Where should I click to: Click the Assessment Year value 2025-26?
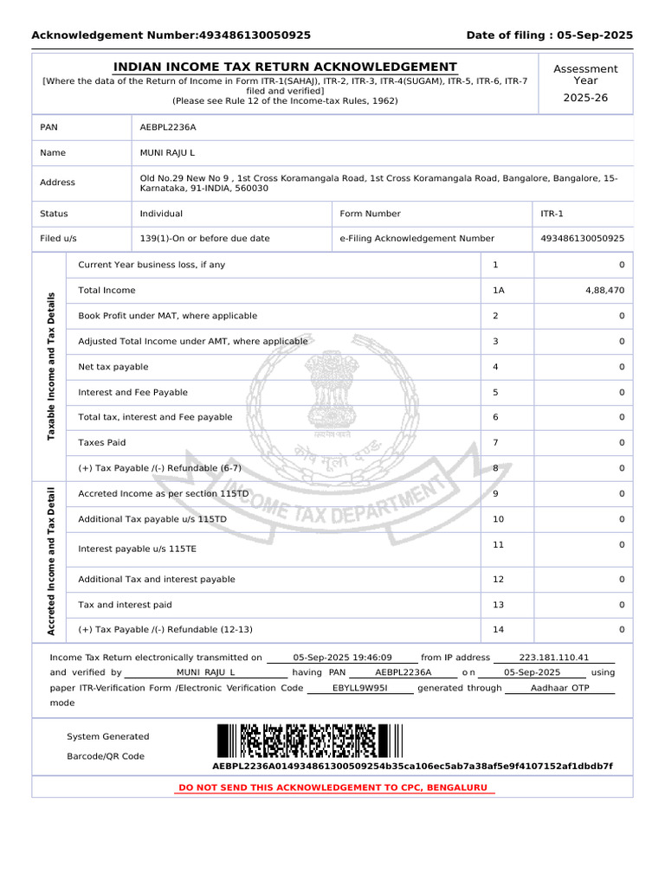tap(585, 98)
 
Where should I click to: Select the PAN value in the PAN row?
tap(168, 127)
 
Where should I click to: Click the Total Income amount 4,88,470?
tap(604, 291)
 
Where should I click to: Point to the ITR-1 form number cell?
tap(552, 214)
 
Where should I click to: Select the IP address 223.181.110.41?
tap(553, 658)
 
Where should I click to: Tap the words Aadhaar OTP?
tap(559, 688)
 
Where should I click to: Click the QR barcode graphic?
tap(309, 742)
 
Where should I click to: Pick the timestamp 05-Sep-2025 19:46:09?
tap(343, 658)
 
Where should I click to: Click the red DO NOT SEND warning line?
tap(333, 787)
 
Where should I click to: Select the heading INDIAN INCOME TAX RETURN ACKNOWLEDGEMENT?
tap(286, 67)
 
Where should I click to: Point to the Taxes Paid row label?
tap(102, 443)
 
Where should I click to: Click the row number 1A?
tap(498, 291)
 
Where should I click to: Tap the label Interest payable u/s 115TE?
tap(138, 549)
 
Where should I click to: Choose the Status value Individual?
tap(161, 214)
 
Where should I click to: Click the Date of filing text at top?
tap(549, 35)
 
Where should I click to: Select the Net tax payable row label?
tap(113, 367)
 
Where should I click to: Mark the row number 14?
tap(498, 630)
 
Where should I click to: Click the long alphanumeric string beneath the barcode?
tap(412, 767)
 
